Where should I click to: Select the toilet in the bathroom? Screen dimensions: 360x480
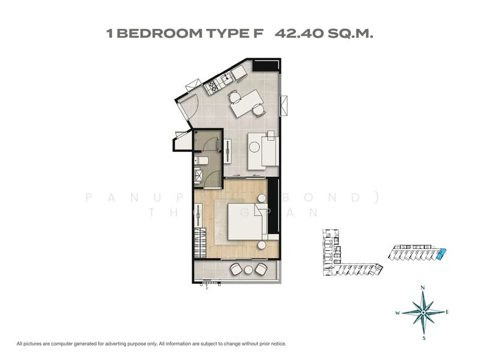point(203,161)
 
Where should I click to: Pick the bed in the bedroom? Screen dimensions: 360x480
point(241,220)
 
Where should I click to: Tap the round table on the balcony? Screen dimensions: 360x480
point(248,270)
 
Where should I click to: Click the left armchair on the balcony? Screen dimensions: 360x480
point(235,269)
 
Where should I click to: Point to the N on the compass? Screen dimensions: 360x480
point(423,289)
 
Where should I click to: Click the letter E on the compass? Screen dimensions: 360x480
point(448,312)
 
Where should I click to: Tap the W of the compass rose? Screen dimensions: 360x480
point(397,313)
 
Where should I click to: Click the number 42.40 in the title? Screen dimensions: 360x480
point(298,34)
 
